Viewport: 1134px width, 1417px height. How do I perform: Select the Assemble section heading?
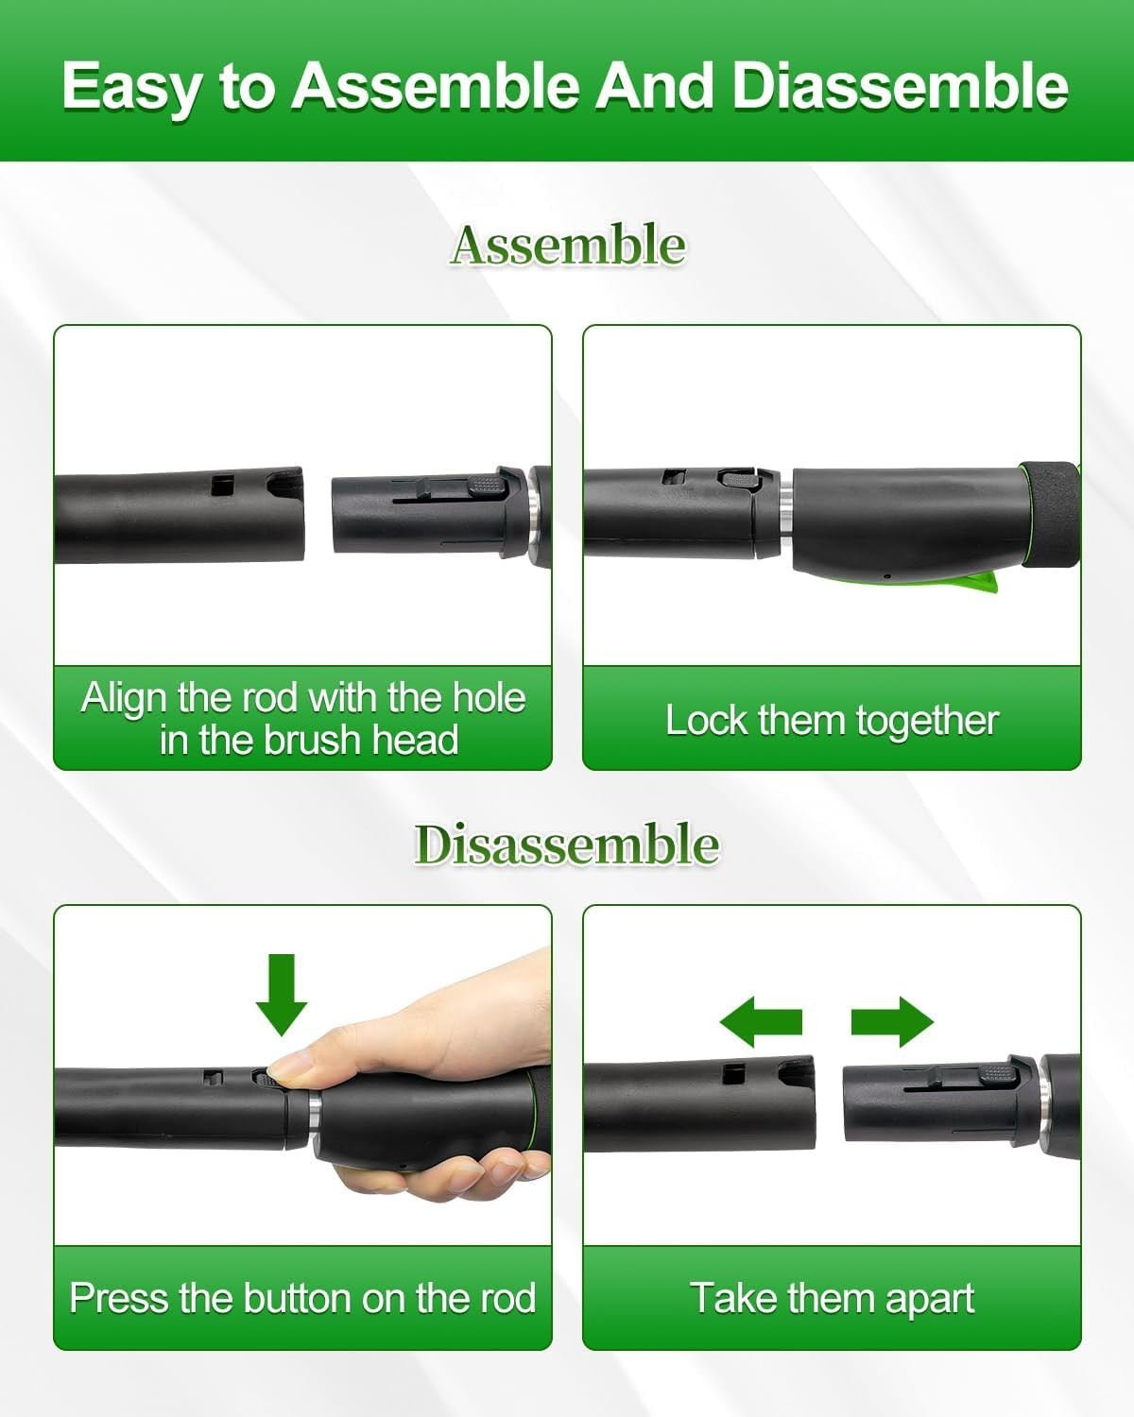tap(567, 245)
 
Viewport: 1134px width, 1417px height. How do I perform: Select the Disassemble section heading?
tap(567, 845)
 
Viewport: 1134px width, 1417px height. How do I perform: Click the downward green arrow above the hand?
tap(282, 995)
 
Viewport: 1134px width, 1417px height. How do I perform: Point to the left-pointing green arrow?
tap(761, 1022)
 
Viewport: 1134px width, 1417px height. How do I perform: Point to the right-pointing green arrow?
tap(893, 1022)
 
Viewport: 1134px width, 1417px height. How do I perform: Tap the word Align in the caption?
tap(123, 699)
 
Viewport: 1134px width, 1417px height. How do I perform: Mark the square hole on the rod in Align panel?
tap(223, 486)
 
